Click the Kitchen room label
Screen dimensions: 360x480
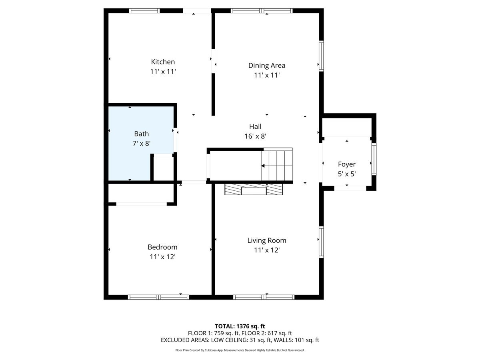tap(163, 62)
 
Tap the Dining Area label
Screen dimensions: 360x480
tap(266, 65)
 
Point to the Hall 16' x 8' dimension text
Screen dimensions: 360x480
tap(255, 136)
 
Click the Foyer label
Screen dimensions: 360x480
tap(346, 164)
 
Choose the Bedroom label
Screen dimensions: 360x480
tap(162, 247)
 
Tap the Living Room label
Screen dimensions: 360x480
tap(266, 240)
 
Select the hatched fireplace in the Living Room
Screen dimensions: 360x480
tap(254, 189)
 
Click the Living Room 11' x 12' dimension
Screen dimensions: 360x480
tap(266, 250)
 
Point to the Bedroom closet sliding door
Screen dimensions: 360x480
tap(141, 204)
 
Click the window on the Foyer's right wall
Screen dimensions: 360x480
tap(374, 159)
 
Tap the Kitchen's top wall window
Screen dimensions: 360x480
tap(144, 11)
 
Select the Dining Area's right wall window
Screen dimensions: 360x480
tap(321, 56)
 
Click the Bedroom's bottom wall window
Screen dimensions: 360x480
tap(158, 297)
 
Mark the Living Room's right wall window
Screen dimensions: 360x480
tap(321, 242)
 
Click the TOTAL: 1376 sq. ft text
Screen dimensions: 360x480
tap(240, 326)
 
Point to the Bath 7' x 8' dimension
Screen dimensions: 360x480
tap(142, 143)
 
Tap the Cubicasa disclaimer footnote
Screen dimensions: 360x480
tap(240, 350)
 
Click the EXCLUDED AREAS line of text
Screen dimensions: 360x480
tap(240, 340)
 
